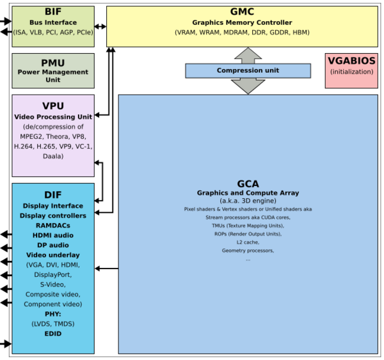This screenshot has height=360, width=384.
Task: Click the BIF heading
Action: (x=52, y=12)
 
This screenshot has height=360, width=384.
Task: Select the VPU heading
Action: (x=52, y=106)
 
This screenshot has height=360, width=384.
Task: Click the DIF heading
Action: (x=52, y=194)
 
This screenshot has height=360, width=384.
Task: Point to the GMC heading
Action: (x=241, y=12)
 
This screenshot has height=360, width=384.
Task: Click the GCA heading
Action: (x=248, y=184)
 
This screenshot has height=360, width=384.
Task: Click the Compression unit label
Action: (x=248, y=70)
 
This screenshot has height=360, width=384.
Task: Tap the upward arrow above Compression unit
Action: (x=248, y=56)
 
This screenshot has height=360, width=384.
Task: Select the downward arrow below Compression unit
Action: (x=248, y=86)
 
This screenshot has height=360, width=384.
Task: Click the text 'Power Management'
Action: (x=52, y=72)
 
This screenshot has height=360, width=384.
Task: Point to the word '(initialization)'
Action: (x=351, y=72)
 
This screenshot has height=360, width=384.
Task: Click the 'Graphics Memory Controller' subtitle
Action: (x=242, y=22)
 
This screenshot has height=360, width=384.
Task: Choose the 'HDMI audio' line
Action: (x=52, y=235)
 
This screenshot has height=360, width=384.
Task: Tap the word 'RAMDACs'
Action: (x=52, y=225)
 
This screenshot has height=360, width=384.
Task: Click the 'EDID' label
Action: (x=52, y=334)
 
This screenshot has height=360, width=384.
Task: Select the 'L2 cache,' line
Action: (x=248, y=242)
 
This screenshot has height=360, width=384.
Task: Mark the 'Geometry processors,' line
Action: (x=248, y=251)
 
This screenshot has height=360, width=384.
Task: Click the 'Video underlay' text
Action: (x=52, y=254)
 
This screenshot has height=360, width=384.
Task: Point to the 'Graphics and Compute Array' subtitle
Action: (x=248, y=193)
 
